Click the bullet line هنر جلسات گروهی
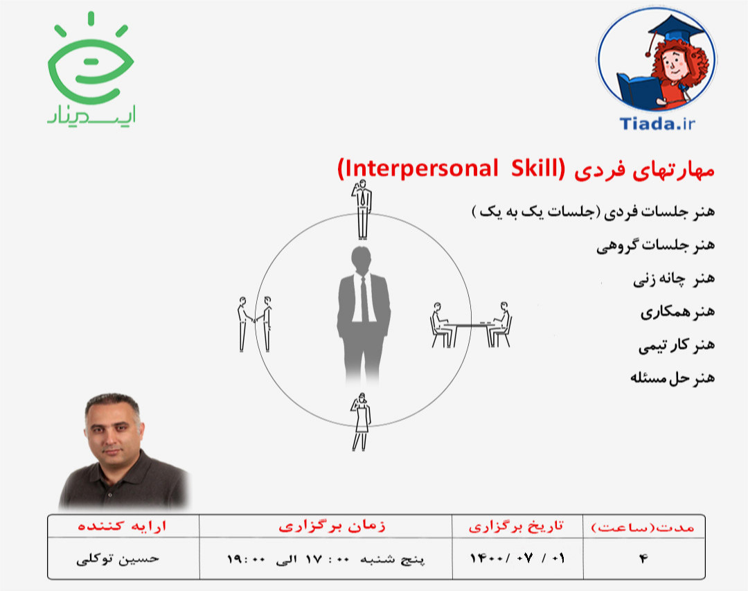tap(654, 246)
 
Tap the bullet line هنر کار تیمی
tap(675, 344)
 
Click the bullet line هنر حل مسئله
tap(672, 378)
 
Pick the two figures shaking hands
tap(254, 323)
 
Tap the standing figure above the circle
tap(362, 208)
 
